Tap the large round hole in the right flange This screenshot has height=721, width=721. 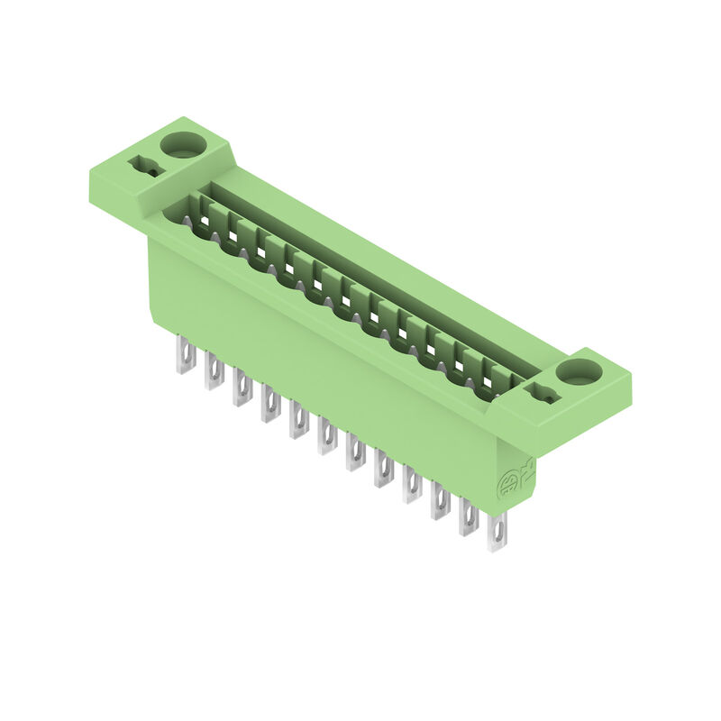[578, 370]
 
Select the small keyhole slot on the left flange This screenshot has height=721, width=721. [145, 167]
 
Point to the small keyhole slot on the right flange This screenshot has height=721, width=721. [543, 393]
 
